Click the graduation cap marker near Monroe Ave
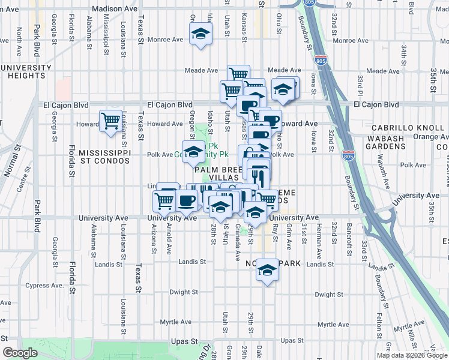click(200, 34)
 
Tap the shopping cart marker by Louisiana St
click(111, 121)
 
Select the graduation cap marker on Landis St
click(267, 270)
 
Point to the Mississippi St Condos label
click(104, 157)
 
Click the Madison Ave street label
click(116, 9)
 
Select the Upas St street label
click(185, 341)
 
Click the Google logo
click(20, 353)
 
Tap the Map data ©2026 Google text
click(412, 355)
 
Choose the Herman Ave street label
click(319, 236)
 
